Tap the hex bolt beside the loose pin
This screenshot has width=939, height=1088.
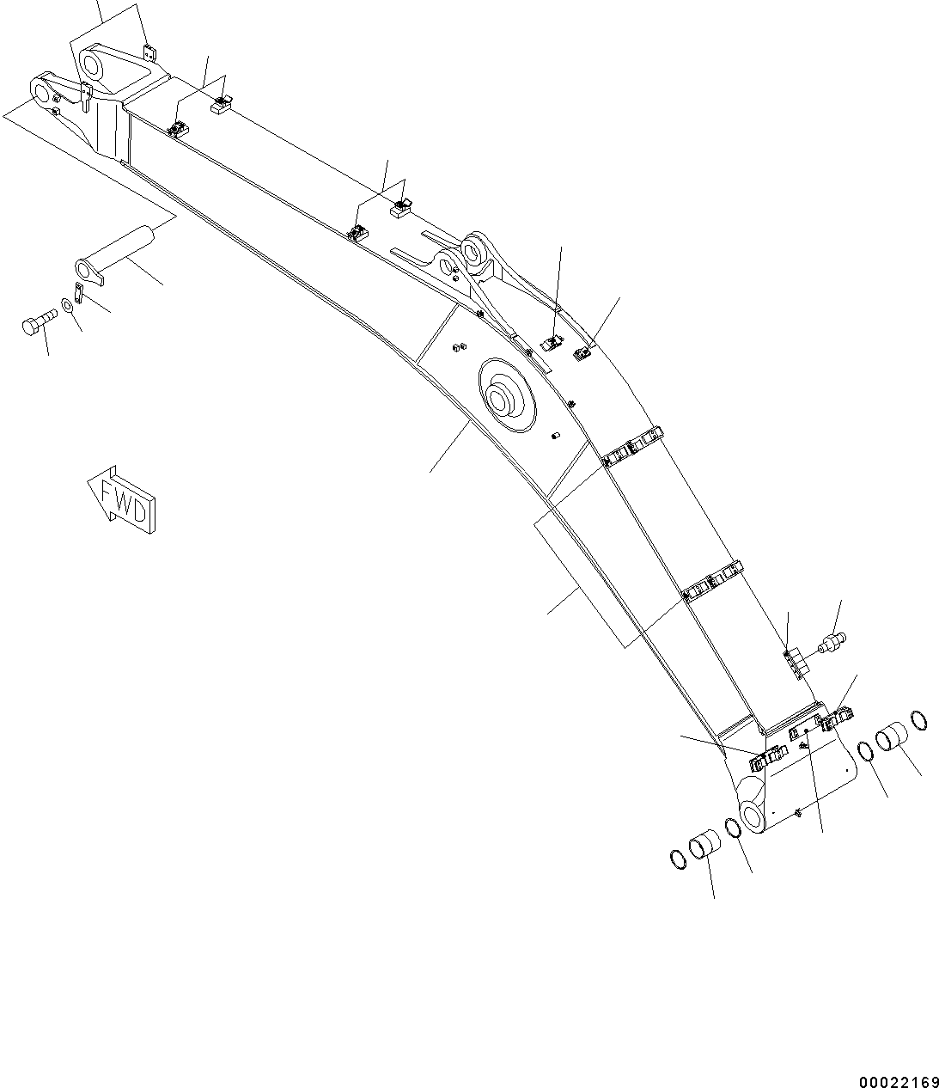(35, 326)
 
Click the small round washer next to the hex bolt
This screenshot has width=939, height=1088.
(67, 305)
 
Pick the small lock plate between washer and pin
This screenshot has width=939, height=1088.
(78, 292)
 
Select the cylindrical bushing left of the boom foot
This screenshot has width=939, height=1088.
(703, 845)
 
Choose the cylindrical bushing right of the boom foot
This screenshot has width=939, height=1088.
(891, 739)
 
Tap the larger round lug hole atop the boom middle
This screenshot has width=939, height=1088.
(475, 252)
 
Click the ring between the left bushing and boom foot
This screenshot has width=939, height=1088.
(733, 828)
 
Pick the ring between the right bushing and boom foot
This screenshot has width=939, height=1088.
(867, 750)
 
